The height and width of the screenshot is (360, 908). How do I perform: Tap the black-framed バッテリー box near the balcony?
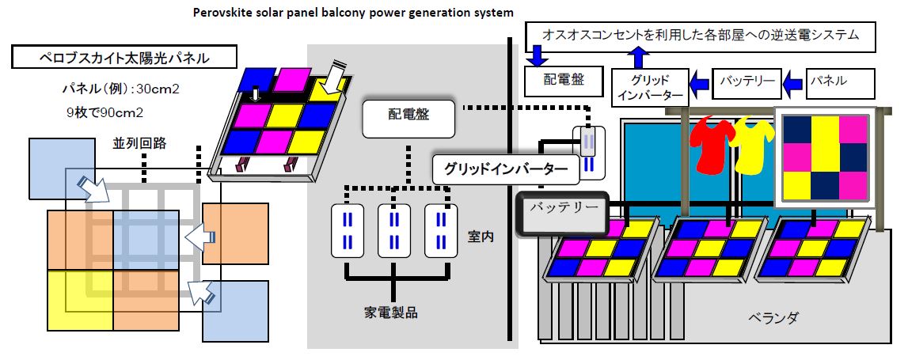click(x=561, y=210)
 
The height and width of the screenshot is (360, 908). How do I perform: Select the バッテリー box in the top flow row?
click(x=747, y=81)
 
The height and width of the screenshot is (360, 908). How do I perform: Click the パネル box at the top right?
click(x=840, y=81)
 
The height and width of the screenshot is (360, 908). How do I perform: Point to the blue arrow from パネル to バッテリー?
click(x=794, y=81)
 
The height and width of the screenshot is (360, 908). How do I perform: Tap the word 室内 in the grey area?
click(x=477, y=237)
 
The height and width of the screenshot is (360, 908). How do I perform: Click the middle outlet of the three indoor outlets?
click(x=393, y=230)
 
